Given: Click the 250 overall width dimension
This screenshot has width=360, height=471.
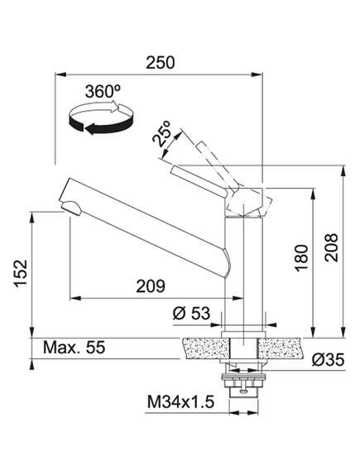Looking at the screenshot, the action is [160, 62].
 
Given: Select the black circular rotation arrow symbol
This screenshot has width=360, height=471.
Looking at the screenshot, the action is [101, 118].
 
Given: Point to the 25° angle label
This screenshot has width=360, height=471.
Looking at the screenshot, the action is [161, 134].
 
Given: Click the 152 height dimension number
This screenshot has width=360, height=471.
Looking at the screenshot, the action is [21, 273].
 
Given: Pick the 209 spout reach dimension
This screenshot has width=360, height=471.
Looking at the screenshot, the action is [151, 286].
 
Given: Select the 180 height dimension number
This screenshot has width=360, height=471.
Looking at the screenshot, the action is [301, 258].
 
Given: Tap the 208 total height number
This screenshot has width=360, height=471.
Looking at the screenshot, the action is [331, 248].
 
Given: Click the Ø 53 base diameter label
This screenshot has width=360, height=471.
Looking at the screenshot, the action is [191, 313].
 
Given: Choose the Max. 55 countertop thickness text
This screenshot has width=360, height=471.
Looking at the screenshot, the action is [74, 348].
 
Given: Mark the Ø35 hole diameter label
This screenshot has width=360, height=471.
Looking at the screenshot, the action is [328, 359].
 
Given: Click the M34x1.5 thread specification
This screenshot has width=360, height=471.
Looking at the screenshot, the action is [180, 402].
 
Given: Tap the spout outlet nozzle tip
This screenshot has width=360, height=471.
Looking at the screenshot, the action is [71, 208].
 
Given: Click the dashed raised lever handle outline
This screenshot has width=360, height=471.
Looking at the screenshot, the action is [217, 165].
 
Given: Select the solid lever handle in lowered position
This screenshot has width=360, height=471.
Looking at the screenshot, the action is [198, 181].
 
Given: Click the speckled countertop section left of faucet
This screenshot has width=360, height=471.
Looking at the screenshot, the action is [205, 348].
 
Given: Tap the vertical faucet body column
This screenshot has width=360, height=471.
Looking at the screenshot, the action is [244, 274].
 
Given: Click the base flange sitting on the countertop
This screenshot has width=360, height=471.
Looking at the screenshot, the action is [243, 334].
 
